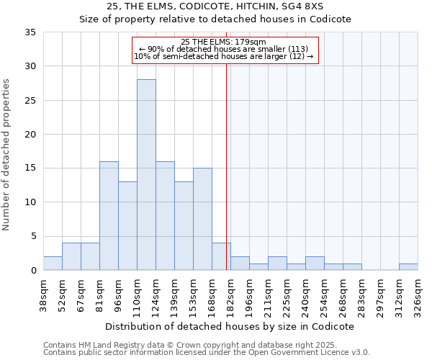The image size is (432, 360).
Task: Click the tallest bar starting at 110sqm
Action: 146,174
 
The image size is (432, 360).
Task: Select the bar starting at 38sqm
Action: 53,263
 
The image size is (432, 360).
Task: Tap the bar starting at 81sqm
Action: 109,215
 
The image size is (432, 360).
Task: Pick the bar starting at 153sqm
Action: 202,219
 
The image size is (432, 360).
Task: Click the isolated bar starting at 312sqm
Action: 408,266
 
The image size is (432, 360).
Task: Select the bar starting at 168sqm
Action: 221,256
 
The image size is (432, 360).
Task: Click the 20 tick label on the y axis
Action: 30,135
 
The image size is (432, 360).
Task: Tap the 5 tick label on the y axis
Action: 33,236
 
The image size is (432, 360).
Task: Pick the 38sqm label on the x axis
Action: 44,292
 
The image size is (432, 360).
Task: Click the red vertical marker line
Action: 227,166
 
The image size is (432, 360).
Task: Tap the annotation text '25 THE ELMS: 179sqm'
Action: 224,42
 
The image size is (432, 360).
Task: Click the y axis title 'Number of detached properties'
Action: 8,154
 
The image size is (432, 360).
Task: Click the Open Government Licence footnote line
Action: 207,353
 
